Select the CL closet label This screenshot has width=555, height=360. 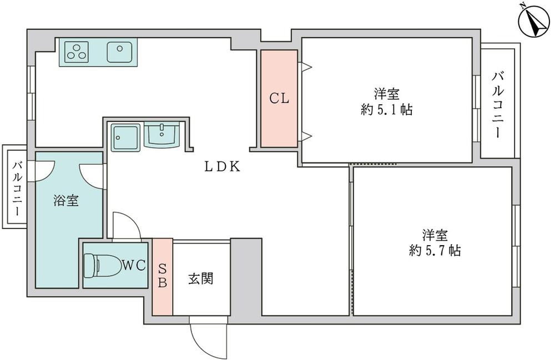pos(279,99)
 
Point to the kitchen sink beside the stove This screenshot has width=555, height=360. pos(118,53)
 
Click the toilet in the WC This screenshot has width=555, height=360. pos(100,265)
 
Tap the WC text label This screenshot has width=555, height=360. pos(134,266)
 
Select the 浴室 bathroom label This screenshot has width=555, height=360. pos(66,201)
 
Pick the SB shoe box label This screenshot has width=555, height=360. pos(163,276)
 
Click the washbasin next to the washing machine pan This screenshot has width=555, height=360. pos(162,135)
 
